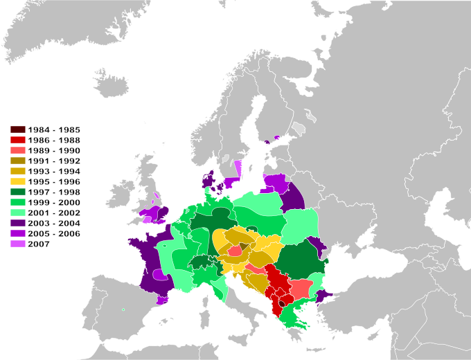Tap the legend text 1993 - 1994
tap(55, 171)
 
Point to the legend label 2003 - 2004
tap(55, 224)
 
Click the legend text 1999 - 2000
tap(55, 203)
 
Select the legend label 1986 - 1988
tap(55, 140)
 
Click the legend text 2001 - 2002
tap(55, 213)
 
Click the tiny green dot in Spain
tap(123, 309)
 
